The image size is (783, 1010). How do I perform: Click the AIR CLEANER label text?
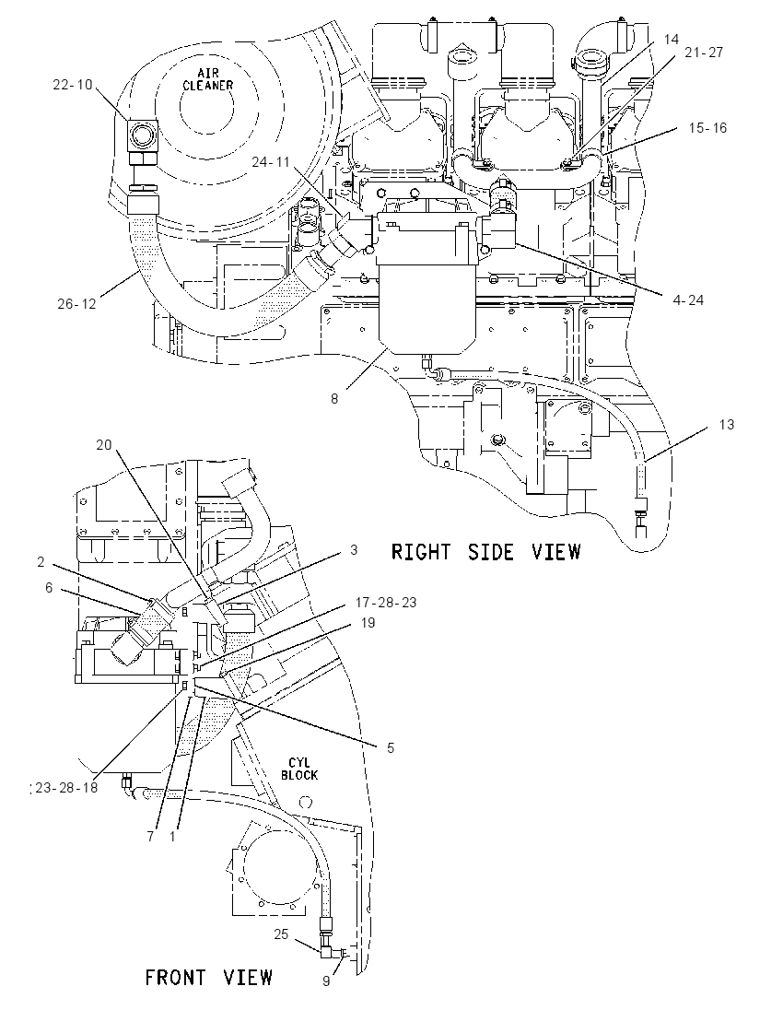(207, 80)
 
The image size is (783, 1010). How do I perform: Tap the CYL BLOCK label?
(299, 769)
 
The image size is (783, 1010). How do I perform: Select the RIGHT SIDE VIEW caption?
(486, 552)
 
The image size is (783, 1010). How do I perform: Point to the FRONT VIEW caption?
(208, 977)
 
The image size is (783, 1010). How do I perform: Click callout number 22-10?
(72, 85)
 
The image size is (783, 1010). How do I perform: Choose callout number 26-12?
(76, 303)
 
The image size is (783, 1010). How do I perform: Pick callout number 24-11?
(271, 161)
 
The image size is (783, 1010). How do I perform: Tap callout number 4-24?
(688, 299)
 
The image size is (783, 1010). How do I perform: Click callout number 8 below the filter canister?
(334, 399)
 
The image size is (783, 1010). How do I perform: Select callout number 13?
(726, 425)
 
